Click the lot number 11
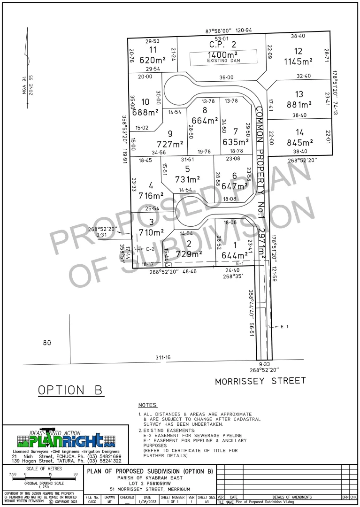[153, 50]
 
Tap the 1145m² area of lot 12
[298, 61]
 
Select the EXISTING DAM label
[223, 60]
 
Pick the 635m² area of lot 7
[236, 142]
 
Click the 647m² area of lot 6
[234, 186]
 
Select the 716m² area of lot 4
[151, 195]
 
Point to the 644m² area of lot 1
[234, 255]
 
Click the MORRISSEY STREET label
[260, 381]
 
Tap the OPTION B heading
[71, 390]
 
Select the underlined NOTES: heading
[148, 405]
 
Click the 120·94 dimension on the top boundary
[244, 31]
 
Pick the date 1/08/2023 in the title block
[147, 502]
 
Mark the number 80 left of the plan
[46, 343]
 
